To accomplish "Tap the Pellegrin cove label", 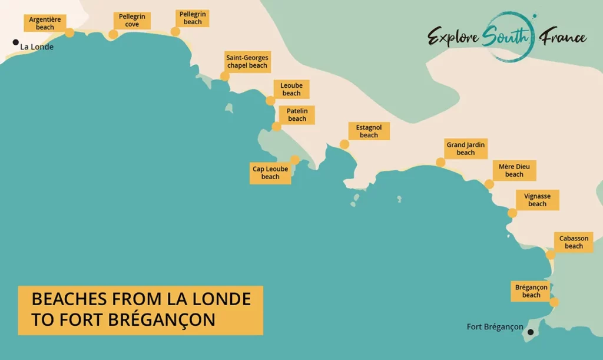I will [x=132, y=21].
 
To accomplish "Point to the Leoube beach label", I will [x=291, y=90].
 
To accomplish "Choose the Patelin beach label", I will [x=297, y=115].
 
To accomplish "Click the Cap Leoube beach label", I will [x=270, y=173].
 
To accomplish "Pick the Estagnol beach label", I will [x=369, y=131].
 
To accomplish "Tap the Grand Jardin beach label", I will [x=465, y=148].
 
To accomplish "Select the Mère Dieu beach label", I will [x=513, y=171].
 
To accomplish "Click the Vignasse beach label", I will [x=537, y=200].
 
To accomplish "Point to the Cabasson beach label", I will [x=573, y=242].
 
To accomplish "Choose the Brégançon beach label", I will [x=531, y=291].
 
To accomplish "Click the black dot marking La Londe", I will [x=15, y=42].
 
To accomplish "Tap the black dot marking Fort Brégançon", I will [x=531, y=332].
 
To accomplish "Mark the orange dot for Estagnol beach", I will [x=344, y=144].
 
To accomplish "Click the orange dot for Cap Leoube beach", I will [x=295, y=160].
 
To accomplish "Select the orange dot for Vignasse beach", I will [x=512, y=213].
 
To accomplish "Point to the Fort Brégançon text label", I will [x=495, y=327].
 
